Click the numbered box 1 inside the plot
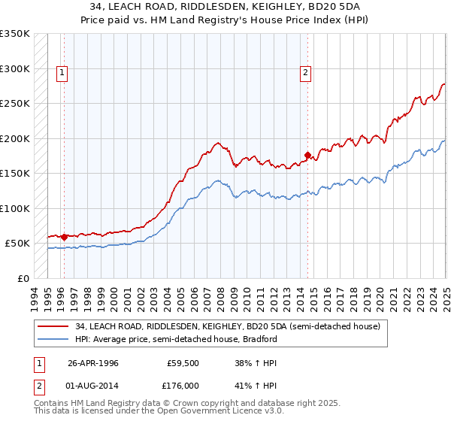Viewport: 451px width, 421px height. pyautogui.click(x=61, y=73)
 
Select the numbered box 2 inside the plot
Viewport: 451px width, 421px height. pyautogui.click(x=306, y=73)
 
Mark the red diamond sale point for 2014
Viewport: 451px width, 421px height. pyautogui.click(x=307, y=156)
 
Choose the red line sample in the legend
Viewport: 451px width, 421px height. pyautogui.click(x=53, y=326)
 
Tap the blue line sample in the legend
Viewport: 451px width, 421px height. pyautogui.click(x=53, y=339)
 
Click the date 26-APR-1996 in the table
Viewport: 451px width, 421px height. pyautogui.click(x=93, y=362)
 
